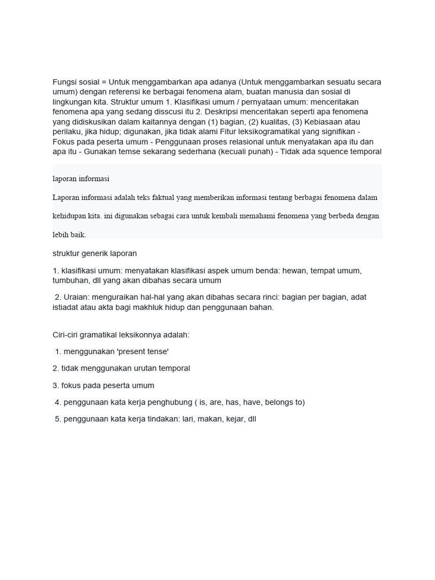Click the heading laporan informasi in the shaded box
[81, 179]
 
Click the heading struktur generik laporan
[95, 253]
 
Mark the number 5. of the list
[58, 420]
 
